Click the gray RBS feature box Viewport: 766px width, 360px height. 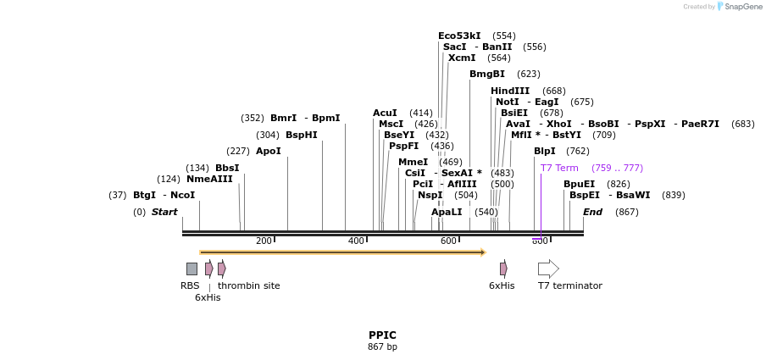[191, 269]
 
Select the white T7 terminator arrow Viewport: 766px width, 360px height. [548, 269]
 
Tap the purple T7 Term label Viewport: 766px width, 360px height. [559, 168]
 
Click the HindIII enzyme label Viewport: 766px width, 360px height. [510, 91]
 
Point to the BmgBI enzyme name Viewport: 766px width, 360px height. [487, 74]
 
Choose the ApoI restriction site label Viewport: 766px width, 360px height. [268, 151]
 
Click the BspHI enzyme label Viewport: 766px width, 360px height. [301, 135]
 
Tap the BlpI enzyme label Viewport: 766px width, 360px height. [545, 151]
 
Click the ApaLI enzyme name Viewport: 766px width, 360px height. [447, 212]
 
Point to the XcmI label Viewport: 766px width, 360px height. [462, 58]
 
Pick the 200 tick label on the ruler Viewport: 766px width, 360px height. [264, 241]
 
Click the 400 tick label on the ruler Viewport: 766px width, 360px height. [356, 241]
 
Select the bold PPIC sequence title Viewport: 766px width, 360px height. [382, 335]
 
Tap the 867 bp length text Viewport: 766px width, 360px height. [382, 347]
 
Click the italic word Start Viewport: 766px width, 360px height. [164, 212]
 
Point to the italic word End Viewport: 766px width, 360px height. [592, 212]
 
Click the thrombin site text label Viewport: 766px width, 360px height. [248, 285]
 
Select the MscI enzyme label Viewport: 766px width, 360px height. [391, 124]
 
